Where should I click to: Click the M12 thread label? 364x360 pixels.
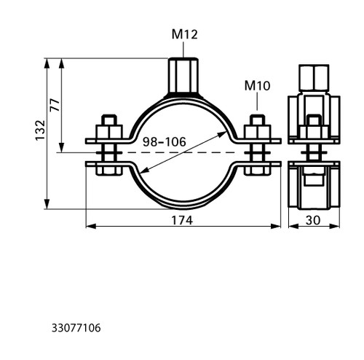185,34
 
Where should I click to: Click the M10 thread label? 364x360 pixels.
257,86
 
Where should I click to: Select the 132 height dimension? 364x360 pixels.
41,130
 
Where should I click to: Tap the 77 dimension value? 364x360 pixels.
55,105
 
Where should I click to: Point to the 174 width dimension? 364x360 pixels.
182,220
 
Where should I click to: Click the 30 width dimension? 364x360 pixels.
313,220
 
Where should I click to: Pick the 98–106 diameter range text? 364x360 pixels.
165,142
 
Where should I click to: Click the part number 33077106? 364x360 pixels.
76,328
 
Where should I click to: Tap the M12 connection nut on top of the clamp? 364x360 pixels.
183,75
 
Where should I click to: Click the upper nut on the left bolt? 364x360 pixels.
109,132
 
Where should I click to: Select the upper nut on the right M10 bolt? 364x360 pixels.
257,132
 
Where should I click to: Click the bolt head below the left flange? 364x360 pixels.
109,170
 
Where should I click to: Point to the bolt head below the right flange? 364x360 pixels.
257,170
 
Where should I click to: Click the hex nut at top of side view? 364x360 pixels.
314,78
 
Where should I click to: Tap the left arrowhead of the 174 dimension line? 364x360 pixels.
91,227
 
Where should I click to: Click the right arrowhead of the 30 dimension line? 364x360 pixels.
335,227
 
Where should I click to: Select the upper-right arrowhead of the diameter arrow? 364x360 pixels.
222,134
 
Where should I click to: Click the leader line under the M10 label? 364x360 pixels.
257,101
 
